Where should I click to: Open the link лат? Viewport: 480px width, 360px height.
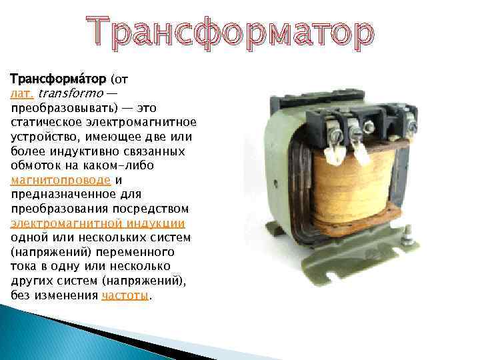coord(22,93)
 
